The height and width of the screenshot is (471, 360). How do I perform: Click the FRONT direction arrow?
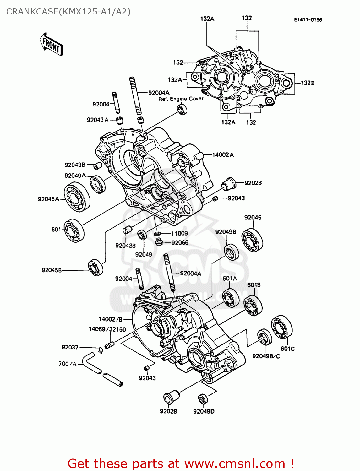click(x=51, y=44)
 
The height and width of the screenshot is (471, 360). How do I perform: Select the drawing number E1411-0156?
click(x=308, y=20)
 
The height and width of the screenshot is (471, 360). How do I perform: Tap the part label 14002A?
click(x=223, y=155)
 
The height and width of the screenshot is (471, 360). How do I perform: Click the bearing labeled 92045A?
click(x=77, y=197)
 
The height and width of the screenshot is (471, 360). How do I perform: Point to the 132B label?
click(x=308, y=83)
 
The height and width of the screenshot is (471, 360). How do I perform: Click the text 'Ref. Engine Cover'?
click(x=181, y=99)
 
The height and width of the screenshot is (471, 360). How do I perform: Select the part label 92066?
click(x=180, y=243)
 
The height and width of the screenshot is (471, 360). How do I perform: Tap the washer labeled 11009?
click(x=158, y=234)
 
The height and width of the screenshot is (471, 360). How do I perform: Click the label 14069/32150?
click(x=107, y=329)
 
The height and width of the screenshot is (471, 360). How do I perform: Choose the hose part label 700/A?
click(x=68, y=364)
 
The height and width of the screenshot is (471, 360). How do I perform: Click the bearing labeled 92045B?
click(x=95, y=268)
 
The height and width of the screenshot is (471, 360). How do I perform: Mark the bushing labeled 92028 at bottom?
click(x=171, y=398)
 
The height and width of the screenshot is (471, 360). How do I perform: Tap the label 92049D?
click(x=204, y=411)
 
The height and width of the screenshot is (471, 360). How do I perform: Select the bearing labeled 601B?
click(x=253, y=305)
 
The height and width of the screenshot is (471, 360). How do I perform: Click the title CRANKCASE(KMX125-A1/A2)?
click(x=68, y=12)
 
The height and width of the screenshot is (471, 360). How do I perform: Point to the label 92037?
click(x=70, y=347)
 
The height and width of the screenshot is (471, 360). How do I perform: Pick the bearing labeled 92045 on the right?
click(x=252, y=240)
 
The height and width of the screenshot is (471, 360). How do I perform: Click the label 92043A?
click(x=97, y=120)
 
